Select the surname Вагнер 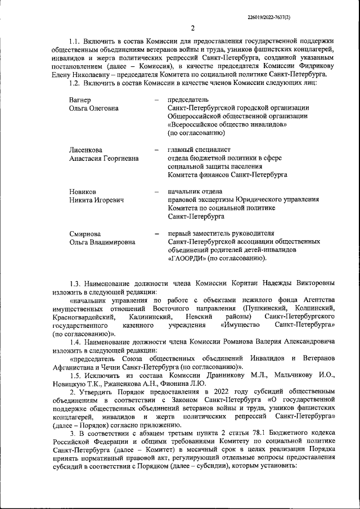[x=80, y=99]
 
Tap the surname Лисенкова [x=85, y=150]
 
